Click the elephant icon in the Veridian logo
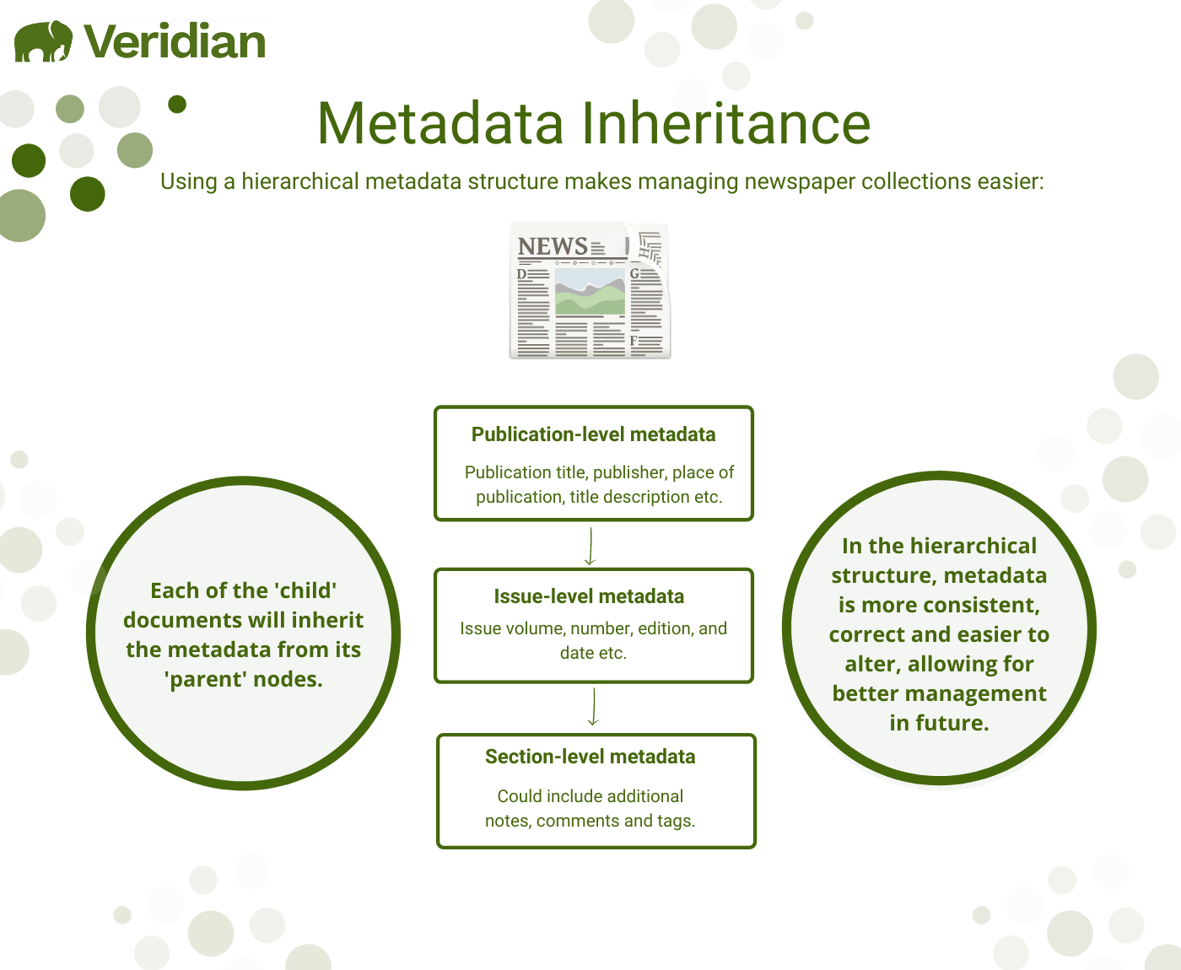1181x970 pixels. (x=44, y=41)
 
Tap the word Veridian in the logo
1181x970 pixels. (x=175, y=42)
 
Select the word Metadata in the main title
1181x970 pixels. (x=440, y=124)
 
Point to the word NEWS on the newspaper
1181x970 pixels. (x=553, y=246)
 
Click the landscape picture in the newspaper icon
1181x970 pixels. (x=590, y=291)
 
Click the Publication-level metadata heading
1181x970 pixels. (x=593, y=434)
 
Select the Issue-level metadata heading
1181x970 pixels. (x=589, y=596)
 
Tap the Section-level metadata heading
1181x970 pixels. (x=590, y=757)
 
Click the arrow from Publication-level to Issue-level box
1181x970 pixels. (x=590, y=547)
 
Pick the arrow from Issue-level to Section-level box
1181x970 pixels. (x=593, y=707)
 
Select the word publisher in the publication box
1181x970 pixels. (x=628, y=472)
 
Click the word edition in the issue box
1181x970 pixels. (x=665, y=628)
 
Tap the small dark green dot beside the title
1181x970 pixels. (x=177, y=104)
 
